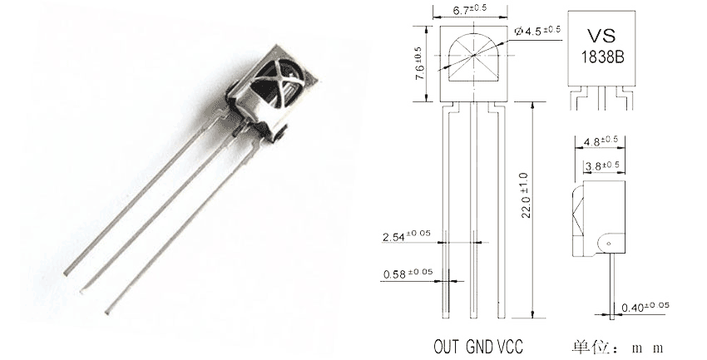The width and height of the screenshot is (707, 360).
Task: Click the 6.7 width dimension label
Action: pos(469,9)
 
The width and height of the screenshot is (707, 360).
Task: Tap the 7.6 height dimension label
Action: pos(419,63)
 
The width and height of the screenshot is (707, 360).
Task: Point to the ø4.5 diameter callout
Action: pos(537,31)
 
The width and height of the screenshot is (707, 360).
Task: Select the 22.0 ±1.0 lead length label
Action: pos(527,195)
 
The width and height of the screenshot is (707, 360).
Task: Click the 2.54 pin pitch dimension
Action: pos(406,235)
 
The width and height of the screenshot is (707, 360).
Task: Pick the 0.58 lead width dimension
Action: pos(408,273)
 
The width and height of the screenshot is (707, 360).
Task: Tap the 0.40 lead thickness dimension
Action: pos(645,307)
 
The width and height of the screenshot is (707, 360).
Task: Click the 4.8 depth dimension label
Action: pos(601,141)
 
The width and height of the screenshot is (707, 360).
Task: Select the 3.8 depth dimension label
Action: pos(602,165)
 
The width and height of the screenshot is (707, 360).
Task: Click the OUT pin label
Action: pos(447,347)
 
